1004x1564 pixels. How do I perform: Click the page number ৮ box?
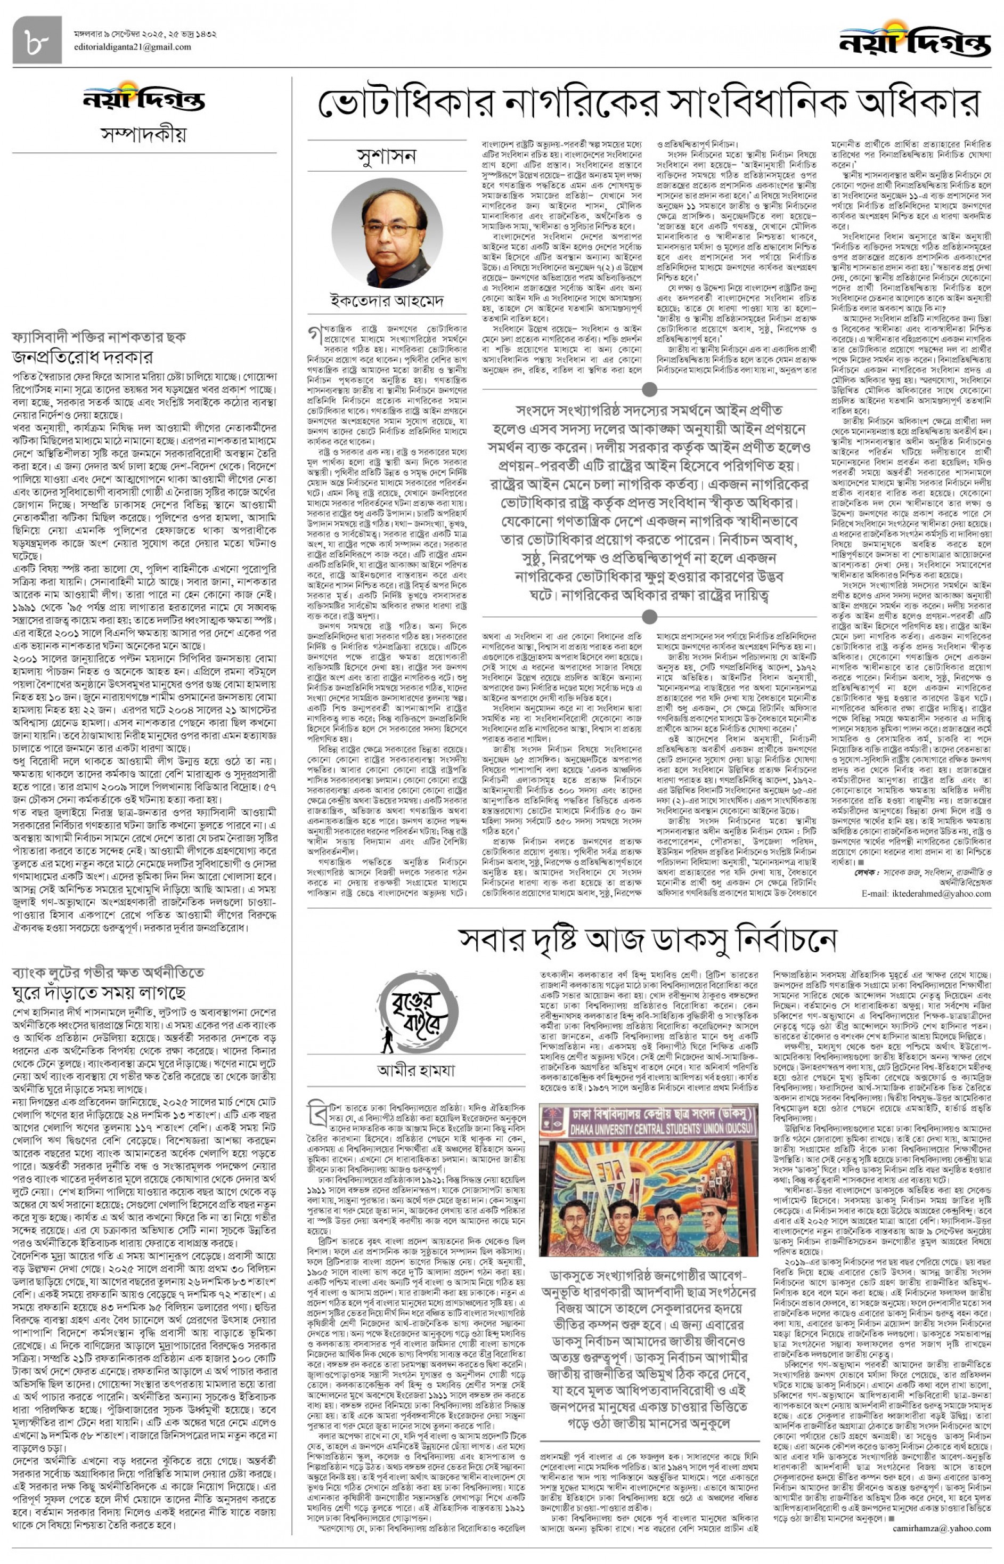pyautogui.click(x=37, y=40)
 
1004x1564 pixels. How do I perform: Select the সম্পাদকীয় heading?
pyautogui.click(x=143, y=134)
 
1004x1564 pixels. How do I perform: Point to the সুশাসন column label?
pyautogui.click(x=387, y=157)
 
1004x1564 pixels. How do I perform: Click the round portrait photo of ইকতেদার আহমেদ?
pyautogui.click(x=387, y=233)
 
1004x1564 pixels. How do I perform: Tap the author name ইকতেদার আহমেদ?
pyautogui.click(x=387, y=301)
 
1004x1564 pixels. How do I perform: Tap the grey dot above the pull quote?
pyautogui.click(x=649, y=390)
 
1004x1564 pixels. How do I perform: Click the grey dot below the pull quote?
pyautogui.click(x=649, y=617)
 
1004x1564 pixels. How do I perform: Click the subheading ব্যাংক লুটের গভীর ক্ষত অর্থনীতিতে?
pyautogui.click(x=108, y=973)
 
